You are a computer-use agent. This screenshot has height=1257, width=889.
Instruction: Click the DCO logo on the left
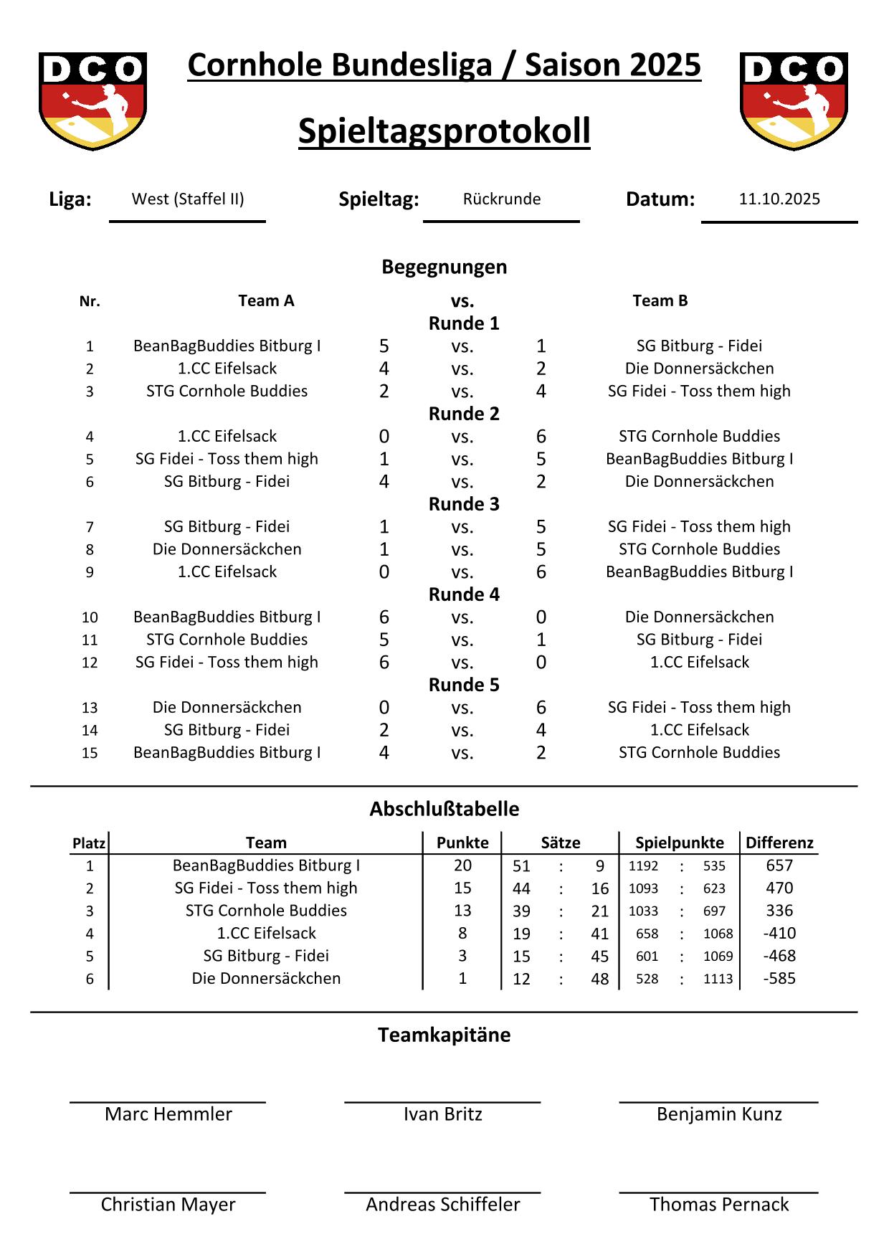pyautogui.click(x=92, y=100)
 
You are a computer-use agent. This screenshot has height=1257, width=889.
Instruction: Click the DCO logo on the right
pyautogui.click(x=794, y=100)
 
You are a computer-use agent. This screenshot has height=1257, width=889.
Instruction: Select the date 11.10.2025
pyautogui.click(x=779, y=199)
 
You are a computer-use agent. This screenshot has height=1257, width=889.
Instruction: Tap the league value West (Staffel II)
pyautogui.click(x=188, y=199)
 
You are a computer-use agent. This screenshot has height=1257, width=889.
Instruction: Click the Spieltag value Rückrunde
pyautogui.click(x=502, y=199)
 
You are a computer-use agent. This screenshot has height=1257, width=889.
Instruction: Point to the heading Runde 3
pyautogui.click(x=464, y=504)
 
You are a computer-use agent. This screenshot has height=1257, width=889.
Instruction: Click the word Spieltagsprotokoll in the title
pyautogui.click(x=444, y=131)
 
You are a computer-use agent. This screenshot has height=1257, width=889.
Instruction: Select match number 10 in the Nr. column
pyautogui.click(x=90, y=617)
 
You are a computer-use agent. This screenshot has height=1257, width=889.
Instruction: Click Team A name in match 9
pyautogui.click(x=227, y=572)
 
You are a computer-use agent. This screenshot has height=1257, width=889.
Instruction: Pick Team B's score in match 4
pyautogui.click(x=541, y=437)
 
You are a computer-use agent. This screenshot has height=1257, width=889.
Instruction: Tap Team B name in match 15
pyautogui.click(x=699, y=753)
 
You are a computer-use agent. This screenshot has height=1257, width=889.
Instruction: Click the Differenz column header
pyautogui.click(x=779, y=843)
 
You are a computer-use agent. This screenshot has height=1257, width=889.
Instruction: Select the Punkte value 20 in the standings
pyautogui.click(x=462, y=865)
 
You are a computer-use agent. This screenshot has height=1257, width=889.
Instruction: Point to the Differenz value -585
pyautogui.click(x=779, y=979)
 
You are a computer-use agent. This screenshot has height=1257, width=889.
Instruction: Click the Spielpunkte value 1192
pyautogui.click(x=643, y=866)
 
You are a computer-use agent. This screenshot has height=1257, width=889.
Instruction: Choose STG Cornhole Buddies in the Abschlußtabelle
pyautogui.click(x=266, y=911)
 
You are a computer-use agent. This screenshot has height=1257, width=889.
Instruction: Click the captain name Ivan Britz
pyautogui.click(x=442, y=1114)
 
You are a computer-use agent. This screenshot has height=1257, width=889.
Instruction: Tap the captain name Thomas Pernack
pyautogui.click(x=719, y=1205)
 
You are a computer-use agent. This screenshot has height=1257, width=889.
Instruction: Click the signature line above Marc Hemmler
pyautogui.click(x=168, y=1102)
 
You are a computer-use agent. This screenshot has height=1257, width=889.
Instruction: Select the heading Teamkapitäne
pyautogui.click(x=444, y=1035)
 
